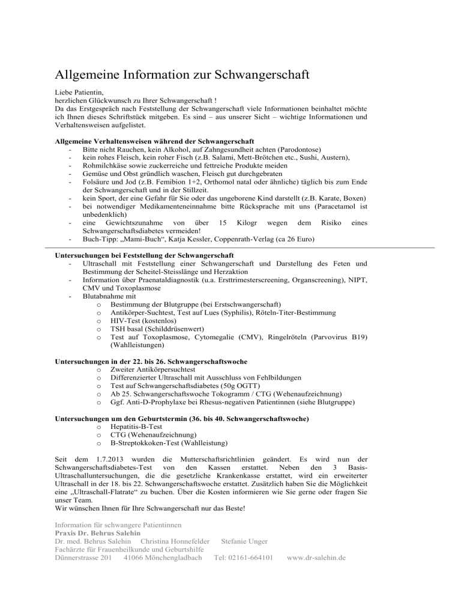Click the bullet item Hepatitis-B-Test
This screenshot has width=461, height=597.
(136, 425)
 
